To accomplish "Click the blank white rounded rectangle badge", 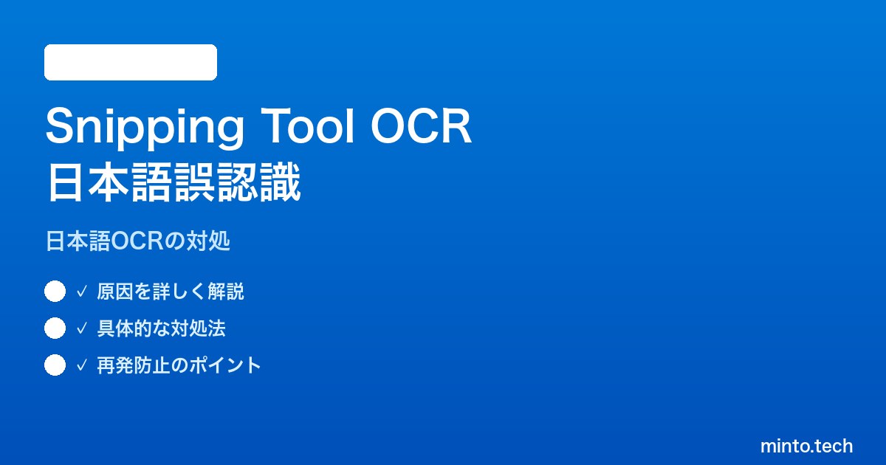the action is pos(131,62).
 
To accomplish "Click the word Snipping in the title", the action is pos(145,127).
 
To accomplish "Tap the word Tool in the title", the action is pos(307,125).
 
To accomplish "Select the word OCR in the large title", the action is pos(421,125).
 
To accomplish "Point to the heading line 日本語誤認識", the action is pos(174,182).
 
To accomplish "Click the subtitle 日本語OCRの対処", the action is pos(138,241).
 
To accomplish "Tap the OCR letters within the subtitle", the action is pos(137,241).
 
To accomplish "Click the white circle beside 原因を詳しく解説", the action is pos(55,292).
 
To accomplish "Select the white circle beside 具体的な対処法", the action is pos(55,328).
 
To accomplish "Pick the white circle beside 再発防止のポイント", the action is pos(55,365).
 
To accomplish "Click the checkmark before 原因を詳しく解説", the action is pos(81,292).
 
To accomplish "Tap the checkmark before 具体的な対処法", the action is pos(81,328).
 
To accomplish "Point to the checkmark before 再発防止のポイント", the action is pos(81,365).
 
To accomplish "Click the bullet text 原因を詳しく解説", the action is pos(171,292).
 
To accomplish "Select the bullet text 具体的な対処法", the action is pos(162,328).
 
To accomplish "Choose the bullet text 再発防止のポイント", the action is pos(179,365).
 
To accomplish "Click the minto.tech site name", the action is pos(806,446).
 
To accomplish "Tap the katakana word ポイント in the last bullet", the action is pos(225,365).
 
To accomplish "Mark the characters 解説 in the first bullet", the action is pos(226,292).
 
